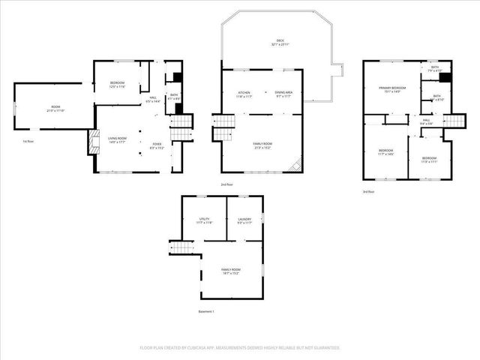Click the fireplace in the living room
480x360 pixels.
pyautogui.click(x=93, y=142)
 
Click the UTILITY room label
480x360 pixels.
pyautogui.click(x=204, y=219)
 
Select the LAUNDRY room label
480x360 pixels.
pyautogui.click(x=244, y=219)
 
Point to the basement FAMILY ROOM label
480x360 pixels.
pyautogui.click(x=230, y=269)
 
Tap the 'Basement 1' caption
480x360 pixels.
pyautogui.click(x=206, y=311)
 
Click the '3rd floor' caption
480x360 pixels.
pyautogui.click(x=370, y=191)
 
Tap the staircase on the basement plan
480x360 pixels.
pyautogui.click(x=180, y=247)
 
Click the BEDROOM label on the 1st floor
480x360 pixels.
pyautogui.click(x=118, y=83)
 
